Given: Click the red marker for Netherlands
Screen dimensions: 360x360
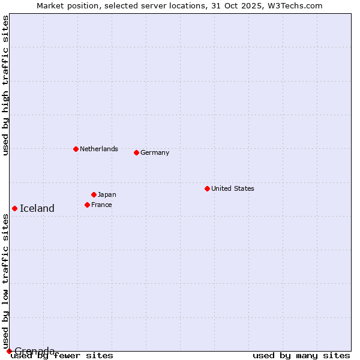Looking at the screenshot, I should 76,149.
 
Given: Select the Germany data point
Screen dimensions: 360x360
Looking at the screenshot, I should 136,152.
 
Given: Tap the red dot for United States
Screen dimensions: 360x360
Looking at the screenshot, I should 207,188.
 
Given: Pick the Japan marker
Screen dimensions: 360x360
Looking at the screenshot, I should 94,194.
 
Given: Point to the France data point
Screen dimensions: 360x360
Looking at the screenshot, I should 87,205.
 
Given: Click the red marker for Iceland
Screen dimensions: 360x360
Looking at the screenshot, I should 14,208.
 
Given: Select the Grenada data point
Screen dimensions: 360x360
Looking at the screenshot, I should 9,351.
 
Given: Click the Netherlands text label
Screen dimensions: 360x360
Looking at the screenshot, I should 99,149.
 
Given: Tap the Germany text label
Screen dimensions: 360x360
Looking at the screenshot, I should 155,152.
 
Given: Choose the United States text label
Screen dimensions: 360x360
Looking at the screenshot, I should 233,188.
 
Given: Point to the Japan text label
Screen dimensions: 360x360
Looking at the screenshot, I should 107,194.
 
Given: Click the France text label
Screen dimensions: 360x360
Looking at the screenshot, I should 101,205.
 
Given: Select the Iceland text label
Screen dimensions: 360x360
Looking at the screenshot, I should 37,209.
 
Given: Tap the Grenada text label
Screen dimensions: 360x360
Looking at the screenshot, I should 35,350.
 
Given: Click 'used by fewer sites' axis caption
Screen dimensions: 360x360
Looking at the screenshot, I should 62,356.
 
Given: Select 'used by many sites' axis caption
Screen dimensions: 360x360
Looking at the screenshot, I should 301,356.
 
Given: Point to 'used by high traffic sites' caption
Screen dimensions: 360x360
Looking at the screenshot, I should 5,85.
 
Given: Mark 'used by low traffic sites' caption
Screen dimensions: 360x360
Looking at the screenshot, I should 5,281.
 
